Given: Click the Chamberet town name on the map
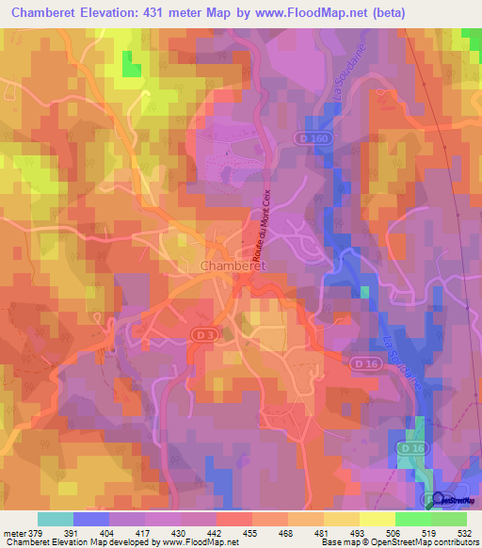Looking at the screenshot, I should tap(233, 266).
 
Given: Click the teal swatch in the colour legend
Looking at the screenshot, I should tap(56, 519).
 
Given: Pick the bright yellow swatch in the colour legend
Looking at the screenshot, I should tap(378, 519).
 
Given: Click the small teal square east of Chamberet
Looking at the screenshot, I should tap(363, 292).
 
